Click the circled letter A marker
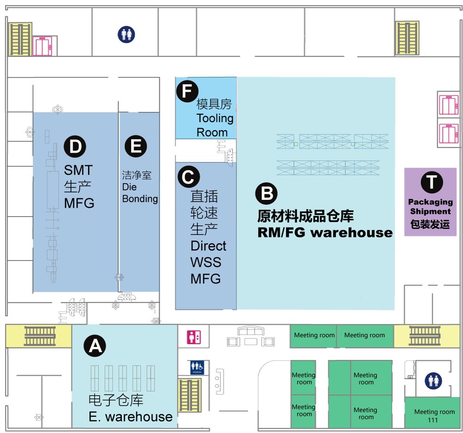(x=95, y=346)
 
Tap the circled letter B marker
(x=267, y=193)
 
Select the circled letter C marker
(x=188, y=177)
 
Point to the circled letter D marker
(x=75, y=147)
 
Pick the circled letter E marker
(x=136, y=146)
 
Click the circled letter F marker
(x=187, y=91)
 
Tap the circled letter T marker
(x=432, y=182)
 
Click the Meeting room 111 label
(x=434, y=415)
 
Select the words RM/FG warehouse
(x=325, y=233)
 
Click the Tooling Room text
(x=214, y=125)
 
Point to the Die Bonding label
(x=139, y=193)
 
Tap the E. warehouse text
(x=131, y=417)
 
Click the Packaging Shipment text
(x=430, y=207)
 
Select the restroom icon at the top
(x=126, y=34)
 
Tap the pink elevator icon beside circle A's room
(x=193, y=337)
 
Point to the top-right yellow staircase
(x=407, y=38)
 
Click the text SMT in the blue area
(x=78, y=170)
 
